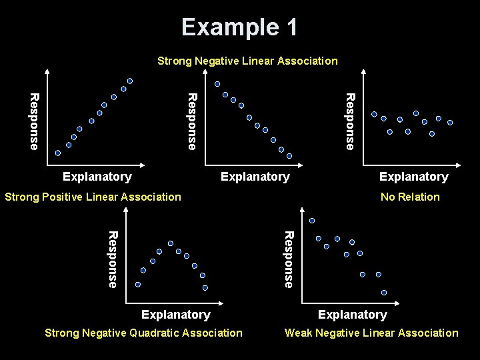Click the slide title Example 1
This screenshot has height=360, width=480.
click(239, 27)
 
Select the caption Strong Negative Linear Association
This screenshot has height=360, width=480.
click(247, 61)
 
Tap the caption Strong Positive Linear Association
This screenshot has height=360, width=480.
click(93, 197)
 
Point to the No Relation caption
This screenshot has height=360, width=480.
click(410, 197)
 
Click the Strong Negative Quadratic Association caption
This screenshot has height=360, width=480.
click(143, 333)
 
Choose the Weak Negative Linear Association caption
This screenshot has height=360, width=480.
click(371, 333)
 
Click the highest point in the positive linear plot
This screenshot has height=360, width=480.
click(130, 81)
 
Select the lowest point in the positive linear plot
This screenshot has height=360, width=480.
click(57, 153)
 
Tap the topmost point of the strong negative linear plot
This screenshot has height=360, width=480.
click(217, 84)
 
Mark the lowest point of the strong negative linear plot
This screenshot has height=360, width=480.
click(289, 155)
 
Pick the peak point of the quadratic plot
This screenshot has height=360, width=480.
click(171, 243)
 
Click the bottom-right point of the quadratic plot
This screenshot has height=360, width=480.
click(205, 288)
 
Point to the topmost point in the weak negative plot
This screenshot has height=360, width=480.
click(312, 221)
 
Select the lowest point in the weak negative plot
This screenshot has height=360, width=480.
click(385, 292)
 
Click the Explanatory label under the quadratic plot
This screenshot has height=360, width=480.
click(176, 315)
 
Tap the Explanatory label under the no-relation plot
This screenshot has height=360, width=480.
click(413, 177)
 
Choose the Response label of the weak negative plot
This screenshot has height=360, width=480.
click(288, 259)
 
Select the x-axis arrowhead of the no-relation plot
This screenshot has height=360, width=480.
click(459, 165)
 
